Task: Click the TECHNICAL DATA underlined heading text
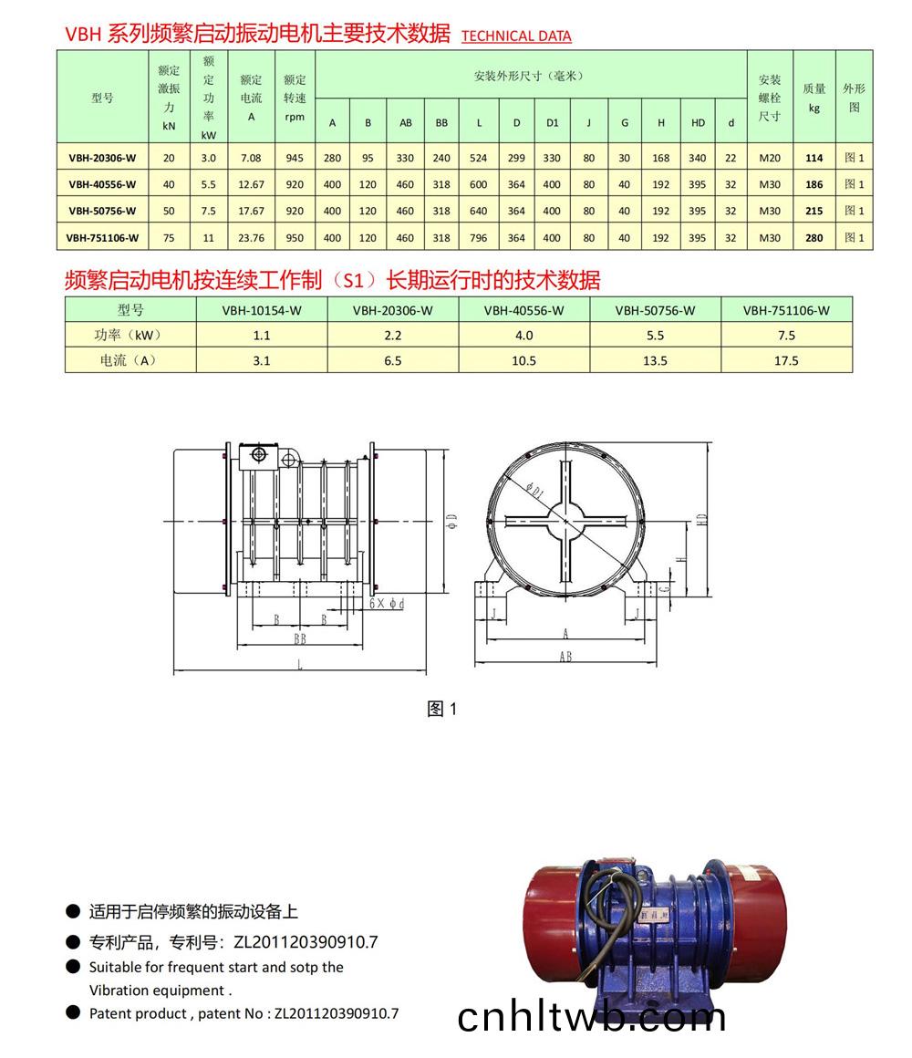click(x=516, y=36)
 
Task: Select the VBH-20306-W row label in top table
click(x=102, y=158)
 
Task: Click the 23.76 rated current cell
click(x=251, y=238)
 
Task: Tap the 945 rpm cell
click(x=294, y=158)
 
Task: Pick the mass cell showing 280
click(x=814, y=238)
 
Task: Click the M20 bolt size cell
click(x=770, y=158)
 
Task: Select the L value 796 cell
click(x=478, y=238)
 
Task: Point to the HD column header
click(x=698, y=123)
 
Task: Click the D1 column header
click(x=552, y=123)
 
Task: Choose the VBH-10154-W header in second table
click(x=262, y=310)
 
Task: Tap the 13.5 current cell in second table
click(x=655, y=360)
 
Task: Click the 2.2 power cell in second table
click(x=393, y=336)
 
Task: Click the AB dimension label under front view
click(x=565, y=657)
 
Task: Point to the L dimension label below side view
click(x=299, y=667)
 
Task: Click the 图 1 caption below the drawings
click(x=441, y=709)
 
